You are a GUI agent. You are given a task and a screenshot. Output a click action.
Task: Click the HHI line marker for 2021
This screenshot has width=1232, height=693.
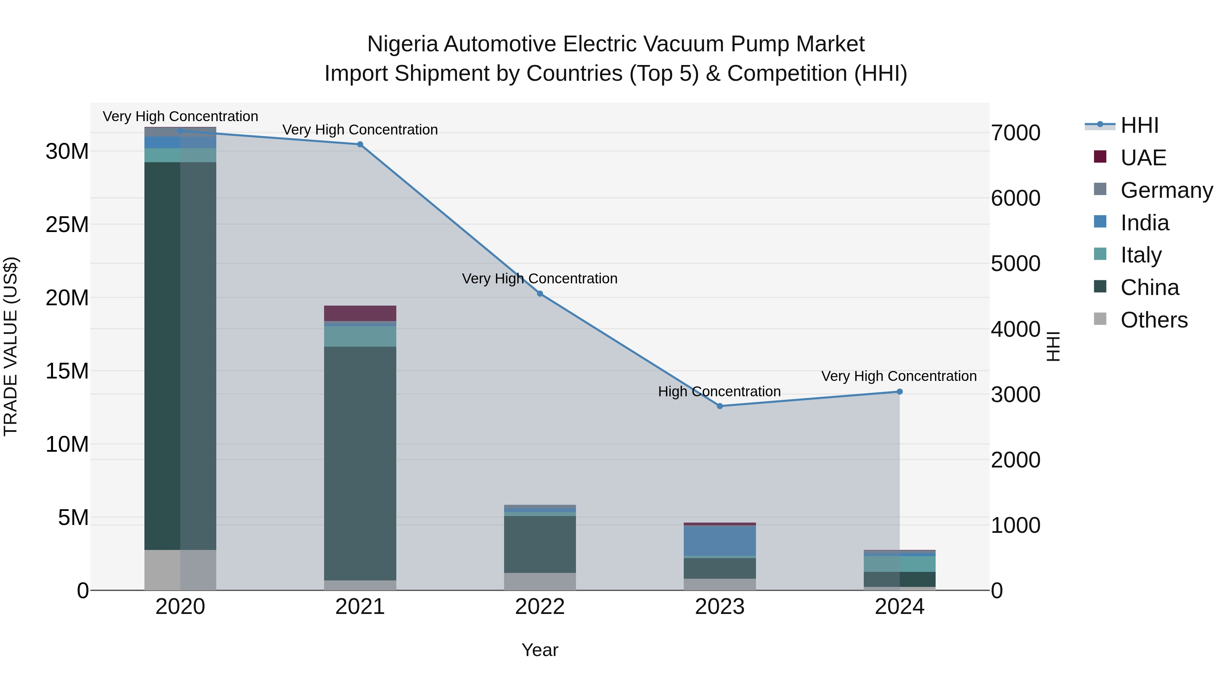pyautogui.click(x=360, y=144)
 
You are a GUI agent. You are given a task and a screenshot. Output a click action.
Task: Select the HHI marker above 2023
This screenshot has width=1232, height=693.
pyautogui.click(x=720, y=406)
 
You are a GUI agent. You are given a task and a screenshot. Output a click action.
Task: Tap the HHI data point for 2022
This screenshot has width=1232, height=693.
pyautogui.click(x=540, y=294)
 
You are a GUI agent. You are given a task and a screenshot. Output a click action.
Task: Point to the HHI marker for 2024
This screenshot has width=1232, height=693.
pyautogui.click(x=900, y=392)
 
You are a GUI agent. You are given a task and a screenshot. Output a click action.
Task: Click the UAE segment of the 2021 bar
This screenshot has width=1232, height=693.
pyautogui.click(x=360, y=313)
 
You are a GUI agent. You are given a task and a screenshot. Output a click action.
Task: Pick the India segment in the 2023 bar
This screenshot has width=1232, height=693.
pyautogui.click(x=720, y=540)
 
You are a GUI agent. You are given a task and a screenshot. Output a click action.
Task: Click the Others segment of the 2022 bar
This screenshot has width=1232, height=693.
pyautogui.click(x=540, y=581)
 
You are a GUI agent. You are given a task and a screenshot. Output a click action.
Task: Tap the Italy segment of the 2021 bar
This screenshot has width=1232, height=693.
pyautogui.click(x=360, y=336)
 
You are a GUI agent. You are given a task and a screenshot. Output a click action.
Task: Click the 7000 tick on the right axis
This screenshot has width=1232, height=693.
pyautogui.click(x=1015, y=133)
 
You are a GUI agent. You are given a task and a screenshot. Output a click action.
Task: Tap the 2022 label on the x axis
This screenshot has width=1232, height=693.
pyautogui.click(x=540, y=607)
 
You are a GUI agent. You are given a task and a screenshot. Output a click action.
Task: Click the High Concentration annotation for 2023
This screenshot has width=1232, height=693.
pyautogui.click(x=719, y=392)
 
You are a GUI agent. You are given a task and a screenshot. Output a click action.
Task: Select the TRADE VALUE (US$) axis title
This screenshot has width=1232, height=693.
pyautogui.click(x=11, y=346)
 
